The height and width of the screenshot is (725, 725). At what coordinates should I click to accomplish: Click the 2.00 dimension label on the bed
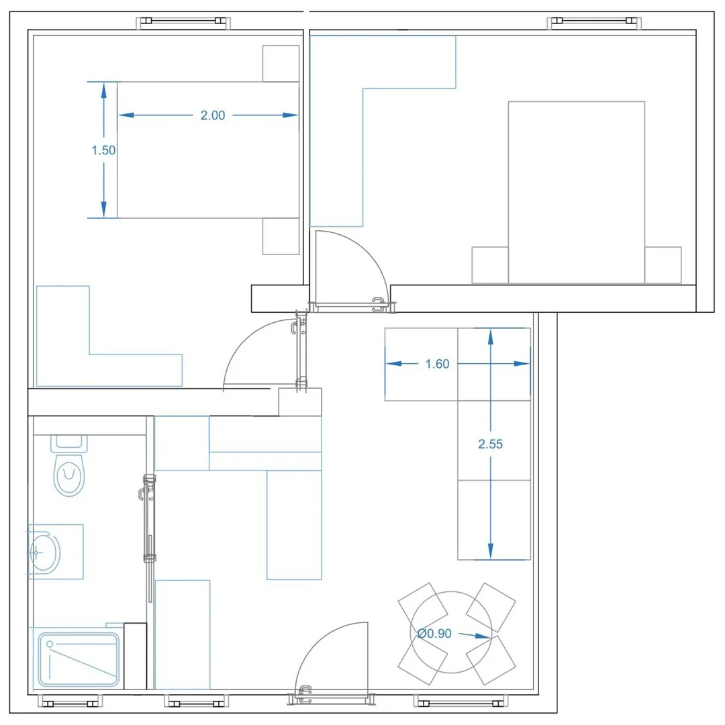[x=213, y=115]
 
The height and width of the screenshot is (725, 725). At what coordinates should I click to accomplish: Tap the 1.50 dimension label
[x=103, y=150]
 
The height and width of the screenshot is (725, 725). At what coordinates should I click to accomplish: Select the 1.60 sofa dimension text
[x=437, y=364]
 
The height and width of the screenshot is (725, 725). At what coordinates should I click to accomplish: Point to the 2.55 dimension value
[x=490, y=444]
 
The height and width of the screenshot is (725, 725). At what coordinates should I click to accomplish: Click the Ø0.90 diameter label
[x=434, y=634]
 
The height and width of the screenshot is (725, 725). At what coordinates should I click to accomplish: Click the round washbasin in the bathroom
[x=45, y=552]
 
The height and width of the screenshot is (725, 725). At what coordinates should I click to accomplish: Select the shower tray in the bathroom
[x=79, y=660]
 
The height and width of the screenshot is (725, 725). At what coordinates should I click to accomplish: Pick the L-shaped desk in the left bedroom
[x=63, y=370]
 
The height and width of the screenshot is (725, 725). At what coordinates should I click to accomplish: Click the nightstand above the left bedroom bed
[x=281, y=63]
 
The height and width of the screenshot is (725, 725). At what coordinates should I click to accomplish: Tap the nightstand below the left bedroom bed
[x=281, y=236]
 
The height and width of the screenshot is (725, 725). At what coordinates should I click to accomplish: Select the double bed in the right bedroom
[x=577, y=193]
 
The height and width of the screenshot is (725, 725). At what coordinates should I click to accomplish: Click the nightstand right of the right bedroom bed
[x=663, y=265]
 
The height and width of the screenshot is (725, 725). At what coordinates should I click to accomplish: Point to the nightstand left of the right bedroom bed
[x=490, y=265]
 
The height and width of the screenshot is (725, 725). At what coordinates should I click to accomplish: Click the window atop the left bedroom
[x=183, y=21]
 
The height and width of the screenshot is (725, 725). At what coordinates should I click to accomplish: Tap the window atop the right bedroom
[x=594, y=21]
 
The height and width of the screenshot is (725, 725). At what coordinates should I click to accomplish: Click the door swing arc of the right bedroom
[x=365, y=252]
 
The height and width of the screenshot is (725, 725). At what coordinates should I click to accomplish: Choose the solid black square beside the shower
[x=136, y=656]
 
